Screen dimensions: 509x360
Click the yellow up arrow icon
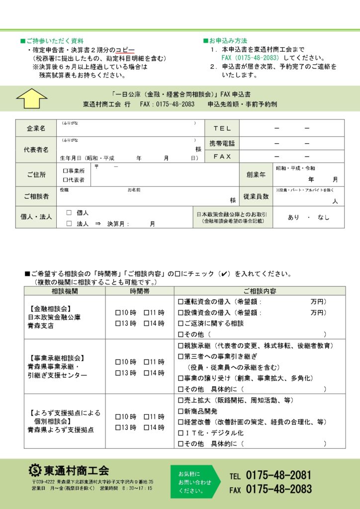(x=32, y=98)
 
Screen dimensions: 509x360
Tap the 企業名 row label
(x=36, y=128)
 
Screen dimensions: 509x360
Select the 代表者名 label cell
(x=36, y=150)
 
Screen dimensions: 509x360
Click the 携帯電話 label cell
(x=222, y=143)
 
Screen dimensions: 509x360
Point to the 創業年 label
(x=256, y=174)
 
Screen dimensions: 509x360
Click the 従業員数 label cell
(x=256, y=196)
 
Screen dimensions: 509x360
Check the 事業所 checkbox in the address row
(x=66, y=170)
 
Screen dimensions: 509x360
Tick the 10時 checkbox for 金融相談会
(x=118, y=313)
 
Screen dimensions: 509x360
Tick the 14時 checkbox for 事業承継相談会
(x=146, y=373)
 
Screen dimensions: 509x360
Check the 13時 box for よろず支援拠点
(x=118, y=427)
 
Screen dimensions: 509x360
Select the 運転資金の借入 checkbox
(x=180, y=302)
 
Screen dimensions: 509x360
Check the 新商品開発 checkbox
(x=180, y=411)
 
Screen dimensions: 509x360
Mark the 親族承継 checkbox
(x=180, y=345)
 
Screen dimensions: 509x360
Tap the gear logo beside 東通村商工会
(x=35, y=470)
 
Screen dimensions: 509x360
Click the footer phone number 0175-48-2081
(x=278, y=475)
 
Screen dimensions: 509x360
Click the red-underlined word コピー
(x=125, y=51)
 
